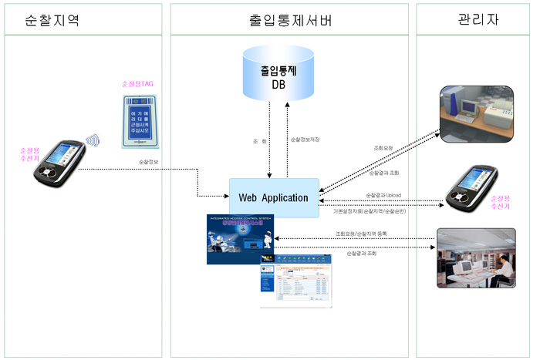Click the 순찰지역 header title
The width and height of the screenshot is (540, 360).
pyautogui.click(x=52, y=21)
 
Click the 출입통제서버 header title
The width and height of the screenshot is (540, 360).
pyautogui.click(x=291, y=21)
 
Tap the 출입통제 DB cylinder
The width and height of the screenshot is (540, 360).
pyautogui.click(x=278, y=74)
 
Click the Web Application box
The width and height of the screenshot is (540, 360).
pyautogui.click(x=274, y=197)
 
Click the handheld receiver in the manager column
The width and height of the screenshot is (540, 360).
pyautogui.click(x=467, y=188)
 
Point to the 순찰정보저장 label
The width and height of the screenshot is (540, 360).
pyautogui.click(x=305, y=140)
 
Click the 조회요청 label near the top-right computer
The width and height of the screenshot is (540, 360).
pyautogui.click(x=384, y=148)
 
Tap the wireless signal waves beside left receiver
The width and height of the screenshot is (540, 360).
pyautogui.click(x=93, y=141)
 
